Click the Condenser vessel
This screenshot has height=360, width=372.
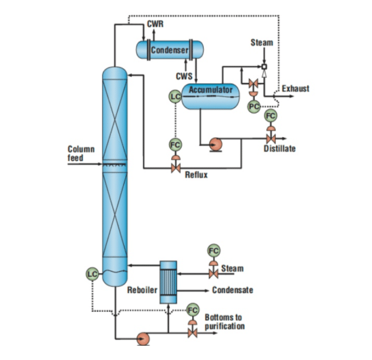click(169, 49)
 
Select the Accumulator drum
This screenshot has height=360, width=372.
click(211, 96)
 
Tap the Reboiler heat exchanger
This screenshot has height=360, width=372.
click(168, 282)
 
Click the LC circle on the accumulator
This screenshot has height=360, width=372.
click(175, 96)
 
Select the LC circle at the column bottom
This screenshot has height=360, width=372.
click(92, 273)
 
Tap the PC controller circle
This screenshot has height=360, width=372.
click(253, 106)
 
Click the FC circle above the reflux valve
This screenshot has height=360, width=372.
click(175, 145)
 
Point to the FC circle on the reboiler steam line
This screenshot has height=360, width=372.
click(213, 250)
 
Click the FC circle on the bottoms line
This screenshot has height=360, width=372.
click(193, 309)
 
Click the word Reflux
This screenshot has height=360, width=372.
click(197, 175)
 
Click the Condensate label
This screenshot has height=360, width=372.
click(232, 290)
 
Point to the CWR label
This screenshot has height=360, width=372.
click(155, 24)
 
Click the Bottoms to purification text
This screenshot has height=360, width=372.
click(224, 322)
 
